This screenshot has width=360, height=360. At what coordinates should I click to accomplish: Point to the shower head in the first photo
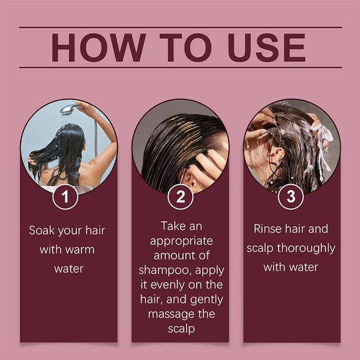[67, 109]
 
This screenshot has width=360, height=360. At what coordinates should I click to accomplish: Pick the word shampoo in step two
[162, 270]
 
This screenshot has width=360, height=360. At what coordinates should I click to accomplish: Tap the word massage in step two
[167, 314]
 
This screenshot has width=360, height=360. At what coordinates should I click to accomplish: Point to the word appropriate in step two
[180, 241]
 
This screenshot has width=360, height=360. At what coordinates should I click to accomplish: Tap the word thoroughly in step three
[307, 248]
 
